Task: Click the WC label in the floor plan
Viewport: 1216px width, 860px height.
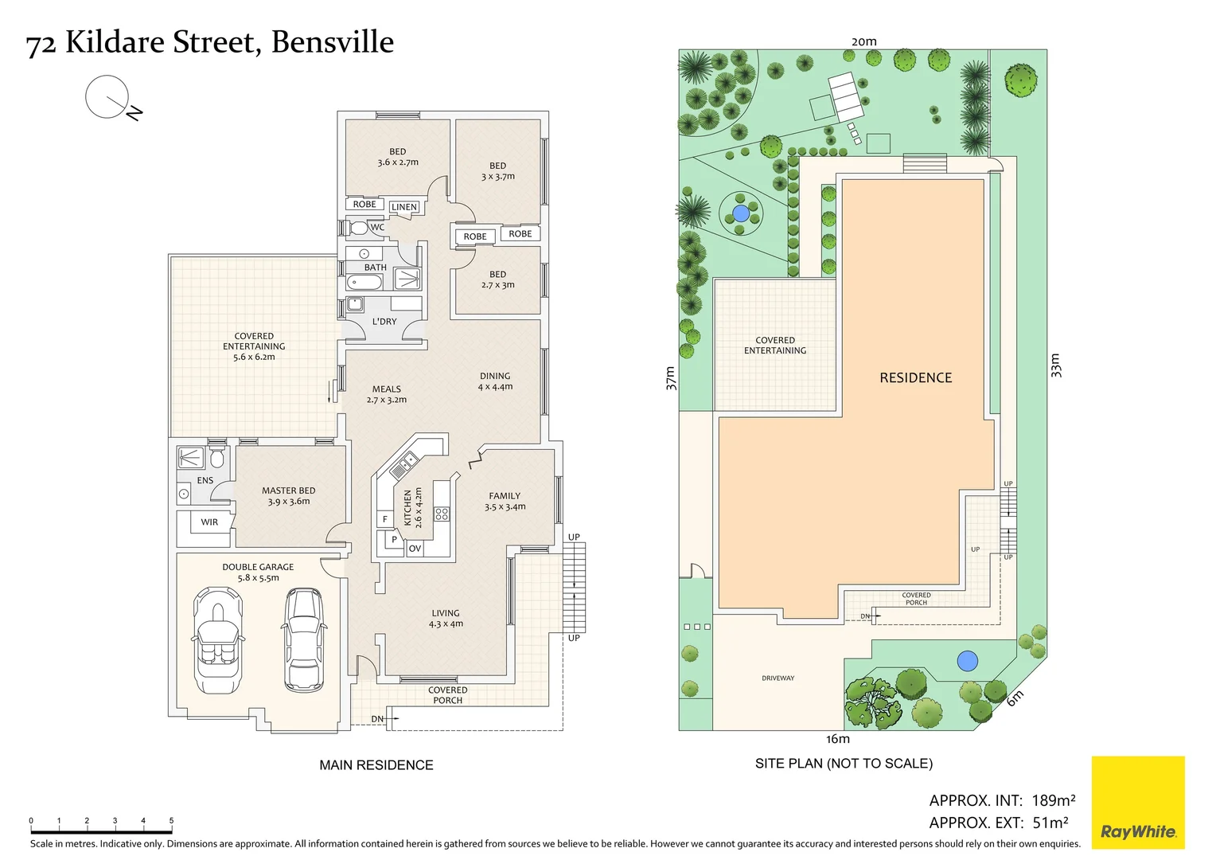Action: (x=377, y=228)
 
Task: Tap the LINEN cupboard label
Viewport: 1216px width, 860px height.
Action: (x=404, y=207)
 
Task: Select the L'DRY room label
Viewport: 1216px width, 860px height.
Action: (x=384, y=322)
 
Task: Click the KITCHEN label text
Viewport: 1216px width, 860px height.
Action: (x=407, y=508)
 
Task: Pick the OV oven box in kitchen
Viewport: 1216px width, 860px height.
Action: (x=415, y=549)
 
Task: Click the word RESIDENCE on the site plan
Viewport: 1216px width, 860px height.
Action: (x=915, y=378)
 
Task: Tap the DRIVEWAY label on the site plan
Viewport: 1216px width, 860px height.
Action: (x=778, y=678)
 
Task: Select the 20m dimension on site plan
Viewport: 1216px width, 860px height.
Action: (x=863, y=41)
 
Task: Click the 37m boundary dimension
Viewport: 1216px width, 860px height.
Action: (x=670, y=377)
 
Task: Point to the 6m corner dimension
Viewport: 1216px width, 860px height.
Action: (x=1015, y=698)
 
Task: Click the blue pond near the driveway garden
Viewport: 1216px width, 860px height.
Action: (x=967, y=661)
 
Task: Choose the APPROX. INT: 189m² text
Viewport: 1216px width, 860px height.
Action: (x=1002, y=800)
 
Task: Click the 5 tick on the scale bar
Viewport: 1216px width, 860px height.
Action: (x=171, y=821)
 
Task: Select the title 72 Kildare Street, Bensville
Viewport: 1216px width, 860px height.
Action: (x=210, y=42)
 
